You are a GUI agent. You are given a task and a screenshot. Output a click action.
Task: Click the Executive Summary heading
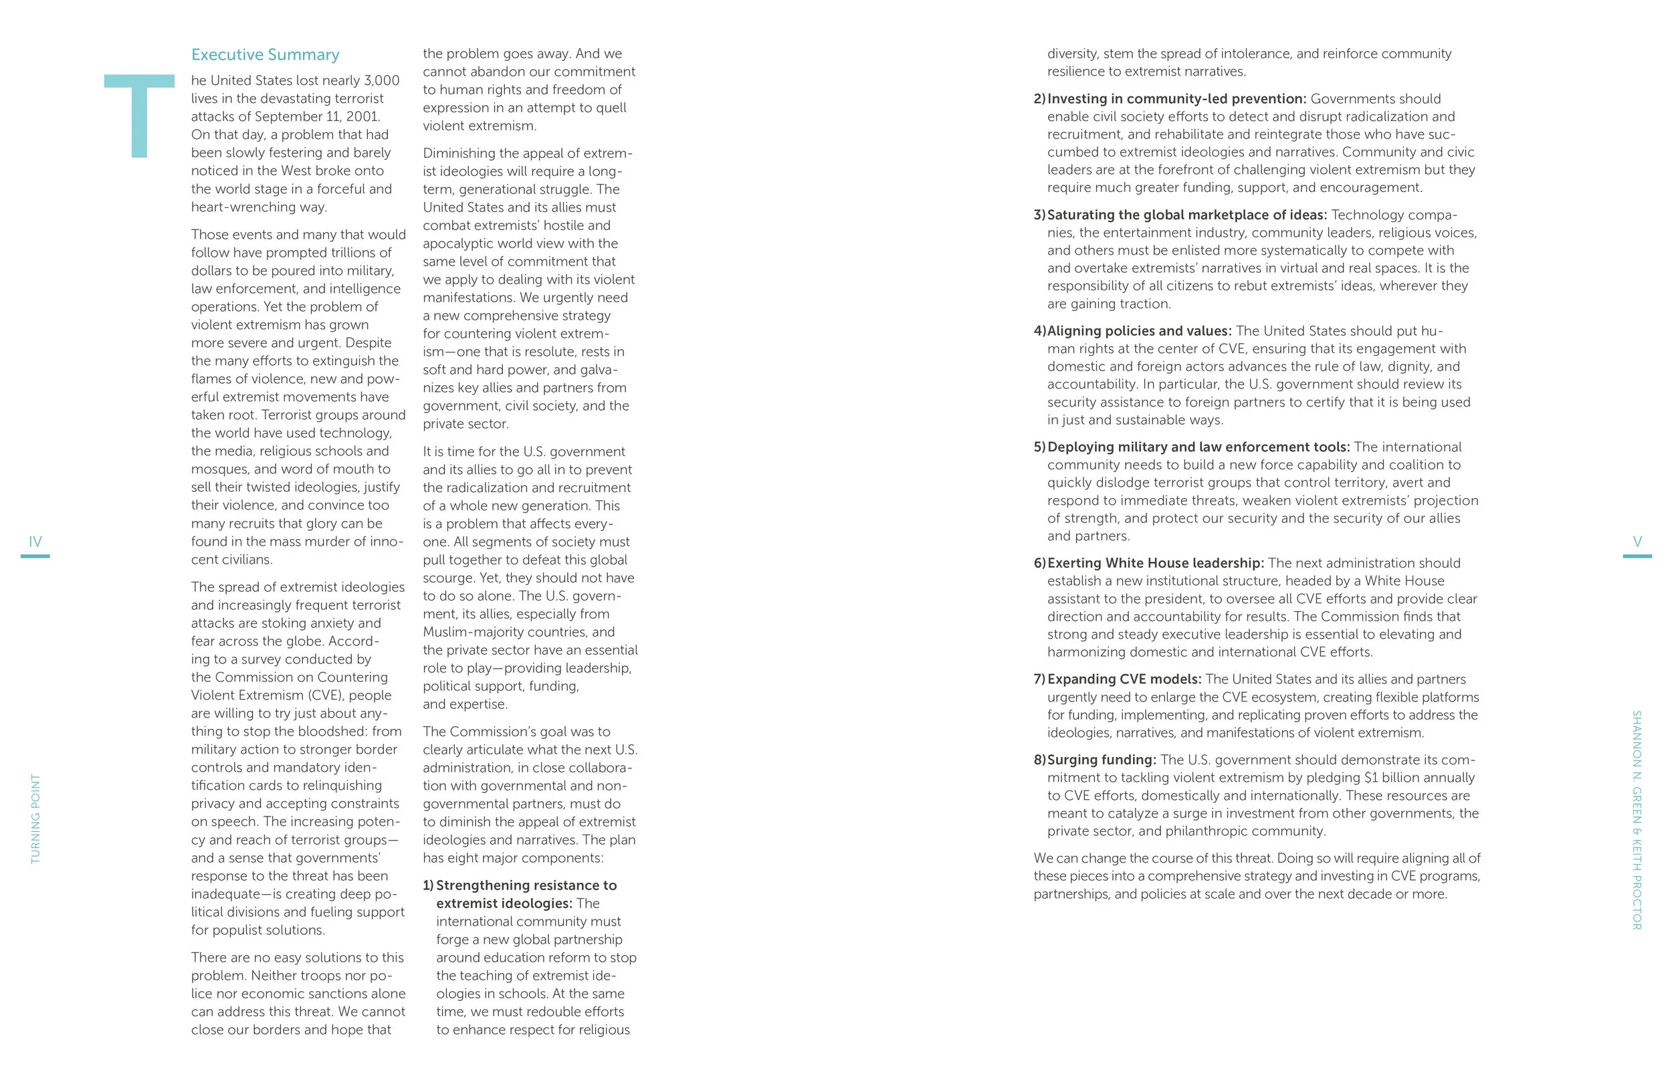pyautogui.click(x=265, y=55)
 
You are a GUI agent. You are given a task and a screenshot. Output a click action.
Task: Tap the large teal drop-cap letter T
pyautogui.click(x=139, y=115)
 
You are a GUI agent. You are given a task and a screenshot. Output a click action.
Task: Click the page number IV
pyautogui.click(x=35, y=542)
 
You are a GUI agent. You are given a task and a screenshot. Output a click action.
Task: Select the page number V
pyautogui.click(x=1637, y=542)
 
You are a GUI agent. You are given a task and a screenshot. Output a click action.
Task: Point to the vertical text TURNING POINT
pyautogui.click(x=36, y=819)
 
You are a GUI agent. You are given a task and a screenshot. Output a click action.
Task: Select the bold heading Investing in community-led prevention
pyautogui.click(x=1176, y=99)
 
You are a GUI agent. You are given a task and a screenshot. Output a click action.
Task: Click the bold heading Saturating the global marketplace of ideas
pyautogui.click(x=1186, y=215)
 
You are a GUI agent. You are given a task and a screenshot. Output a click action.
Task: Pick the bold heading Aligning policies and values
pyautogui.click(x=1139, y=331)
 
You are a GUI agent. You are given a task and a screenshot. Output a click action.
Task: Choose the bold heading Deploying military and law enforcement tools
pyautogui.click(x=1198, y=447)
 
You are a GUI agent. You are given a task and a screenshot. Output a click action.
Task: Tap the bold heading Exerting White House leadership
pyautogui.click(x=1155, y=563)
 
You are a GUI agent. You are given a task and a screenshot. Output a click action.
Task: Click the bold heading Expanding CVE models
pyautogui.click(x=1124, y=679)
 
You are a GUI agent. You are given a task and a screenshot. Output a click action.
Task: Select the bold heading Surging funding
pyautogui.click(x=1101, y=760)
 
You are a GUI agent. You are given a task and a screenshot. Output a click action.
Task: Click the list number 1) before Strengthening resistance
pyautogui.click(x=428, y=885)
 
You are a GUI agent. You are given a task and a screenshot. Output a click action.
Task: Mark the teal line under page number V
pyautogui.click(x=1637, y=556)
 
